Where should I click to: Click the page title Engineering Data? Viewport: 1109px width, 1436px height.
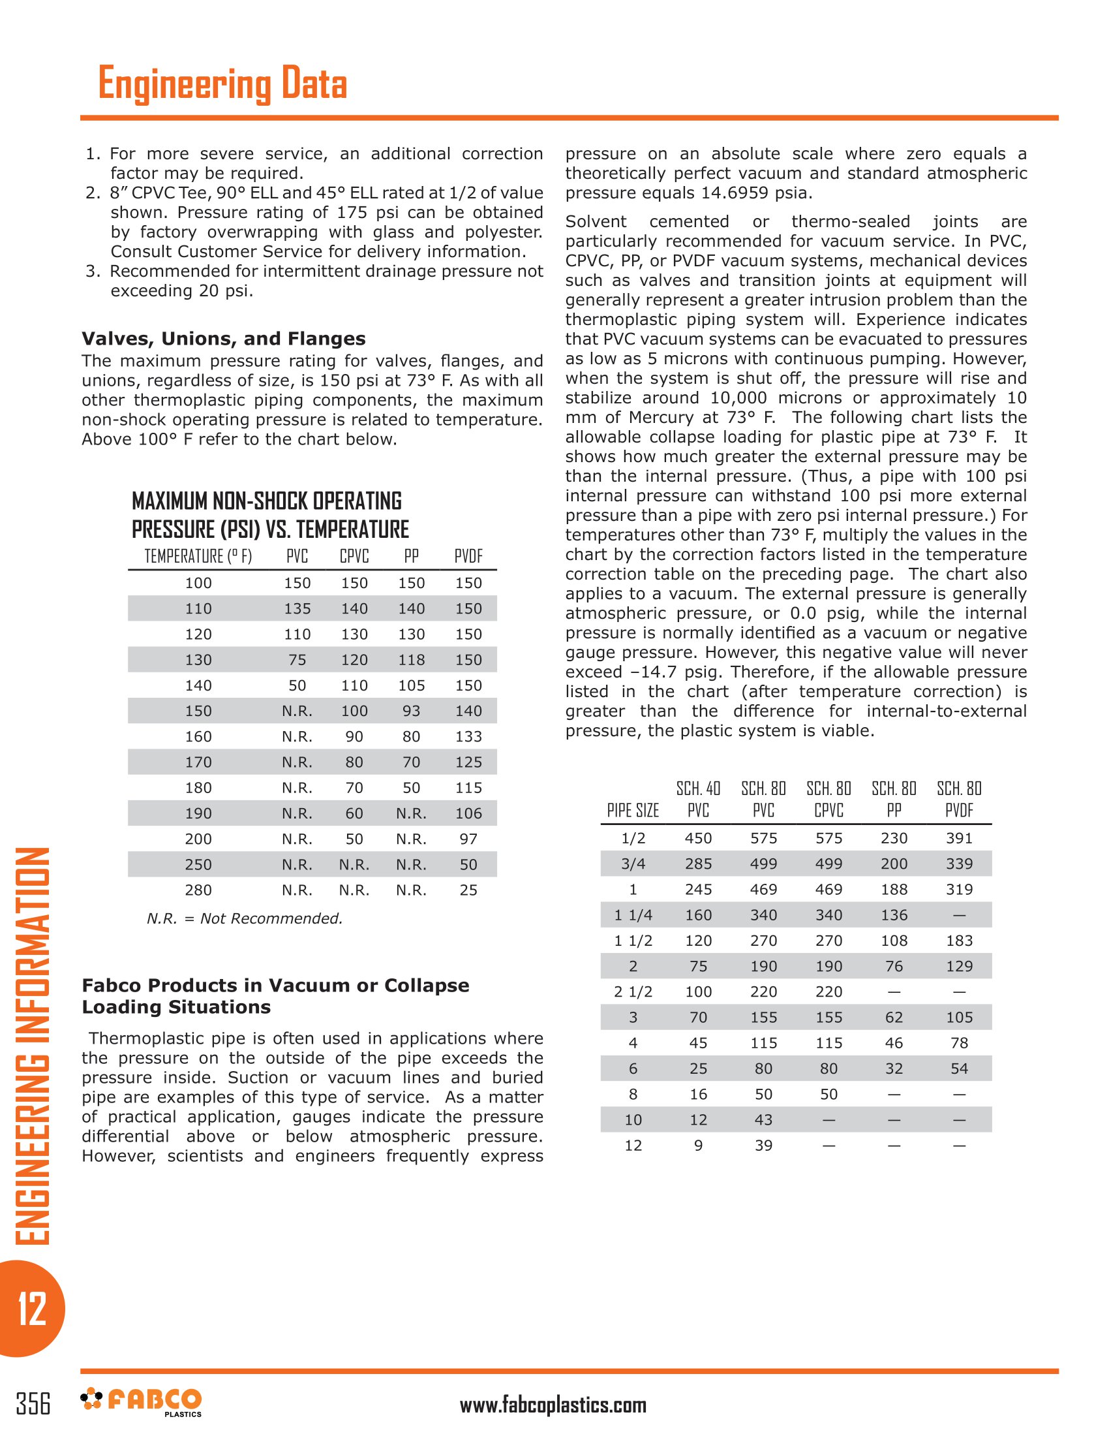coord(222,84)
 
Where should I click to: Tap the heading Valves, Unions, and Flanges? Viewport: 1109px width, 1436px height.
coord(223,339)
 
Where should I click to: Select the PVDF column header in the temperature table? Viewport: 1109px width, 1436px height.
coord(468,556)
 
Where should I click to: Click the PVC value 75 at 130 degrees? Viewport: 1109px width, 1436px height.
coord(297,659)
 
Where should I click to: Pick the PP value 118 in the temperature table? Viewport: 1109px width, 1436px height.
coord(411,659)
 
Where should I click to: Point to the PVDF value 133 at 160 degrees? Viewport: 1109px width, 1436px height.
coord(468,736)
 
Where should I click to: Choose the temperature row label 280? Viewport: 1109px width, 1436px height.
coord(198,890)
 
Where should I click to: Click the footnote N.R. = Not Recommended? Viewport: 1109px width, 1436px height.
coord(245,918)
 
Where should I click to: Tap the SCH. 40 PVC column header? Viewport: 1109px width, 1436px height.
coord(698,799)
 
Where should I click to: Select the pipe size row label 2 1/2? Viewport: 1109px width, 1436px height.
coord(633,991)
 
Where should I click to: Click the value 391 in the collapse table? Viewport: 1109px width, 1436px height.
coord(959,838)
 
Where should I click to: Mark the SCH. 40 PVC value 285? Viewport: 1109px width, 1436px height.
coord(698,864)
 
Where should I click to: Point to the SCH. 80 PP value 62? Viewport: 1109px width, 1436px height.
coord(894,1017)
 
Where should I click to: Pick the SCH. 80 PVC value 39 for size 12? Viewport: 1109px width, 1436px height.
coord(763,1146)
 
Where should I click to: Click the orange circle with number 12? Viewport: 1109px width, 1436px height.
coord(31,1309)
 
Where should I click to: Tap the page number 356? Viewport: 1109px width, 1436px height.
coord(33,1403)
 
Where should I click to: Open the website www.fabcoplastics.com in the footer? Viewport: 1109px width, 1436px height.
coord(553,1405)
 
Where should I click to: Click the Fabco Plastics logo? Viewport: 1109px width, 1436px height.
coord(142,1402)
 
